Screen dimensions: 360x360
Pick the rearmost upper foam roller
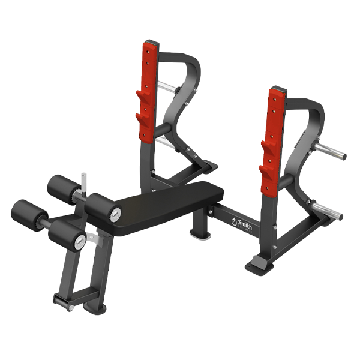tap(62, 188)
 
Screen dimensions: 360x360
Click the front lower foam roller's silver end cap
tap(79, 241)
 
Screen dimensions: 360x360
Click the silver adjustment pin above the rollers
tap(83, 178)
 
